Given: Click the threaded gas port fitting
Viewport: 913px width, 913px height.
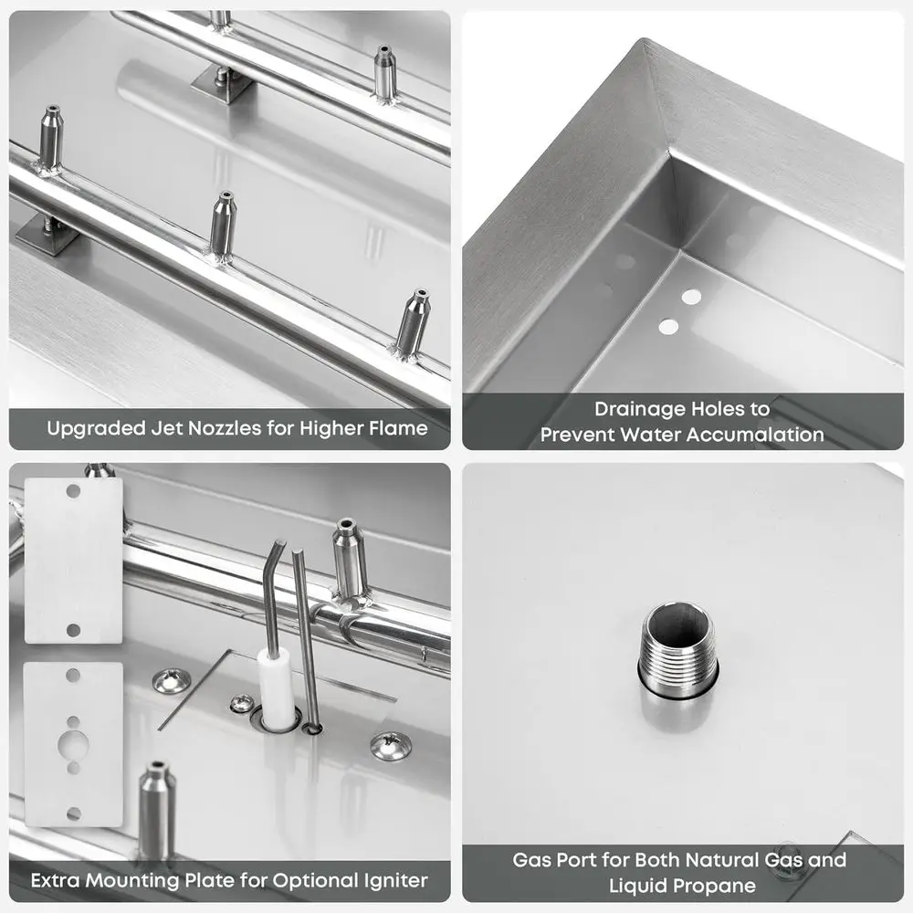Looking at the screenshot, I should pyautogui.click(x=679, y=649).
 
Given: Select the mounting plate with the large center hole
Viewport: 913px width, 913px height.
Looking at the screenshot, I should pyautogui.click(x=73, y=743).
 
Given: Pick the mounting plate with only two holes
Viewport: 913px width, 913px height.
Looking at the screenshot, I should pyautogui.click(x=73, y=560).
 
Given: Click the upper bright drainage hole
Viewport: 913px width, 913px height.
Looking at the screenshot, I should pyautogui.click(x=691, y=297).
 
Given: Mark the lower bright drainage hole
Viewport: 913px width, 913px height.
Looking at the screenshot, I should pyautogui.click(x=668, y=326).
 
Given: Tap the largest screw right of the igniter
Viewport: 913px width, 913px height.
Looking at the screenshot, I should pyautogui.click(x=390, y=745).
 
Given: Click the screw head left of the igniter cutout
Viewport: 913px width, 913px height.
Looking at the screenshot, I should pyautogui.click(x=172, y=680).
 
